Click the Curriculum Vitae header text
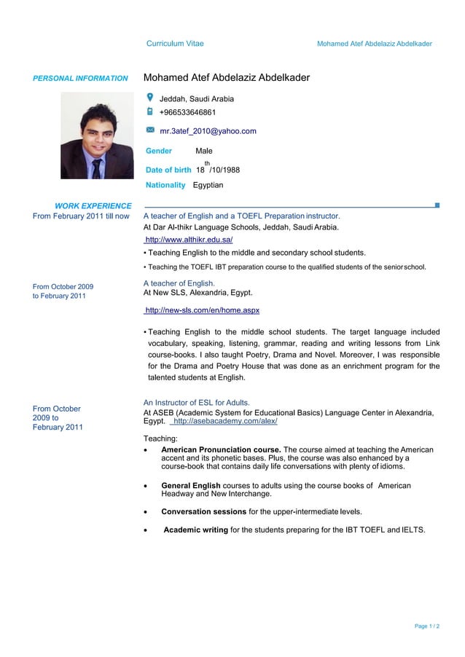(175, 44)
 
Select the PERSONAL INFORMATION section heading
(80, 78)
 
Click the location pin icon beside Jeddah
(149, 98)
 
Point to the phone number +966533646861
(187, 113)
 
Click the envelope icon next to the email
(149, 130)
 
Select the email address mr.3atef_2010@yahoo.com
(208, 131)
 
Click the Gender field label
(159, 151)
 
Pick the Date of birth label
(168, 170)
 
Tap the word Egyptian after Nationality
(208, 185)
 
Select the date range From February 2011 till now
(81, 216)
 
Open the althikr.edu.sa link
(189, 240)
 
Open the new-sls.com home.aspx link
(202, 310)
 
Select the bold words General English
(190, 485)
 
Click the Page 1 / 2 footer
(427, 626)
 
